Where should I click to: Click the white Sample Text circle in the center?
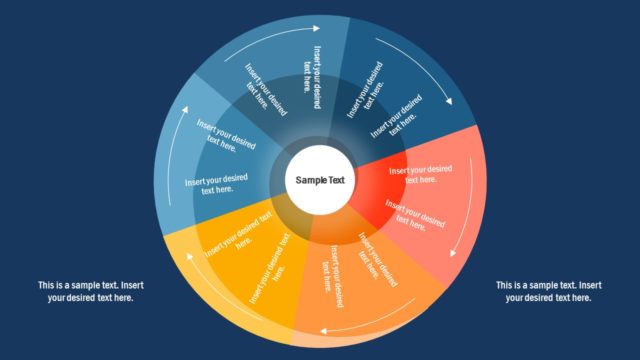[319, 180]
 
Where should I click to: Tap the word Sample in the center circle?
[309, 180]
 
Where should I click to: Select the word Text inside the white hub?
[334, 180]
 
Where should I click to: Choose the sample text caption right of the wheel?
[549, 291]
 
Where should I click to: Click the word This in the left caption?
[47, 285]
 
